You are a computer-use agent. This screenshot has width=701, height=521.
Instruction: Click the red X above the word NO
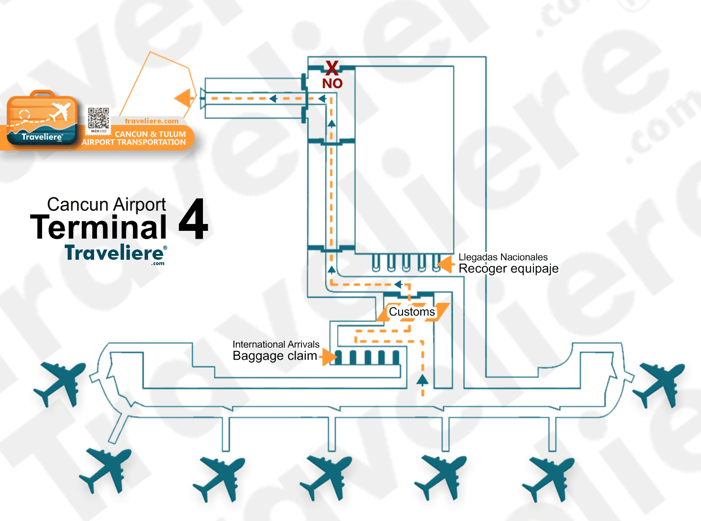pos(332,68)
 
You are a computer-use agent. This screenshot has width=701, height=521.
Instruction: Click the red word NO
pos(332,83)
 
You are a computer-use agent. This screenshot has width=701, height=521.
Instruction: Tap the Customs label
pos(412,312)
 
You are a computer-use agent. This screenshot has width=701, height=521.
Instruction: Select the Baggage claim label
pos(275,356)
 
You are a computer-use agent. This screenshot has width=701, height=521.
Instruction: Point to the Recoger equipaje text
pos(508,269)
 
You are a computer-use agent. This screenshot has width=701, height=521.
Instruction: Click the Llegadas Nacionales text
pos(503,257)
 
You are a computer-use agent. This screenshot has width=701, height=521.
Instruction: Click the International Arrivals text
pos(276,345)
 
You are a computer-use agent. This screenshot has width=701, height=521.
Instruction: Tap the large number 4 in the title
pos(193,220)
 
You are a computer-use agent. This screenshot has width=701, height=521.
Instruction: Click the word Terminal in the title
pos(99,227)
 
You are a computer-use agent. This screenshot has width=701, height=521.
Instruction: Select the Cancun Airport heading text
pos(106,204)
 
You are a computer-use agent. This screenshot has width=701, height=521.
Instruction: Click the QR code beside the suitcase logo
pos(99,119)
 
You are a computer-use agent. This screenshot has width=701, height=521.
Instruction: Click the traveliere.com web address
pos(151,121)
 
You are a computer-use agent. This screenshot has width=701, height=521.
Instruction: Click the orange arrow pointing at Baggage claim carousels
pos(328,357)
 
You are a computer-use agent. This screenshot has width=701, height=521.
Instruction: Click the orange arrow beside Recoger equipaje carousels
pos(446,265)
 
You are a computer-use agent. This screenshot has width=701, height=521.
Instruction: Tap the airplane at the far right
pos(659,384)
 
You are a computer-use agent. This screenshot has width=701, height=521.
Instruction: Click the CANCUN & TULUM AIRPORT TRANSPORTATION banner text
pos(134,138)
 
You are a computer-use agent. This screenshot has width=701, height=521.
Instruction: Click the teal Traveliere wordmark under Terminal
pos(114,253)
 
